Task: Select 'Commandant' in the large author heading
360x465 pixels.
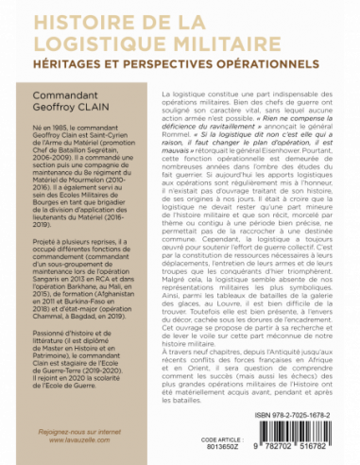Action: [71, 95]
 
